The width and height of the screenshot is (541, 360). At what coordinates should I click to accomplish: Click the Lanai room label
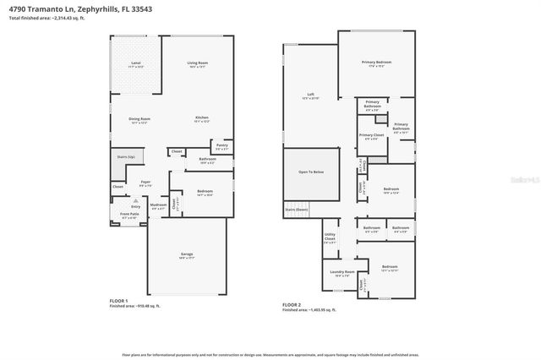coord(135,63)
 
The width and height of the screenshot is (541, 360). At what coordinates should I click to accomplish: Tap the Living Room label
coord(198,63)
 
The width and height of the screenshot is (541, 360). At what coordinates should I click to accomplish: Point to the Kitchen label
coord(202,117)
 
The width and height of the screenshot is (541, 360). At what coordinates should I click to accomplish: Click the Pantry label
coord(221,145)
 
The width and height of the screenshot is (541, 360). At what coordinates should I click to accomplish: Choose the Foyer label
coord(145,182)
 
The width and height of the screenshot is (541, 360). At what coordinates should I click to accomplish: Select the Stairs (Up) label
coord(126,157)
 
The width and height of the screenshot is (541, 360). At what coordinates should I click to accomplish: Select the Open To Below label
coord(310,172)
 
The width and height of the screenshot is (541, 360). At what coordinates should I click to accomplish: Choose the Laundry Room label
coord(342,272)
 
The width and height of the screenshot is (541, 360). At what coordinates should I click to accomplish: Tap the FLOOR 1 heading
coord(118,301)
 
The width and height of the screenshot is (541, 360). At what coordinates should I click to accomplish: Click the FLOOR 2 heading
coord(292,304)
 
